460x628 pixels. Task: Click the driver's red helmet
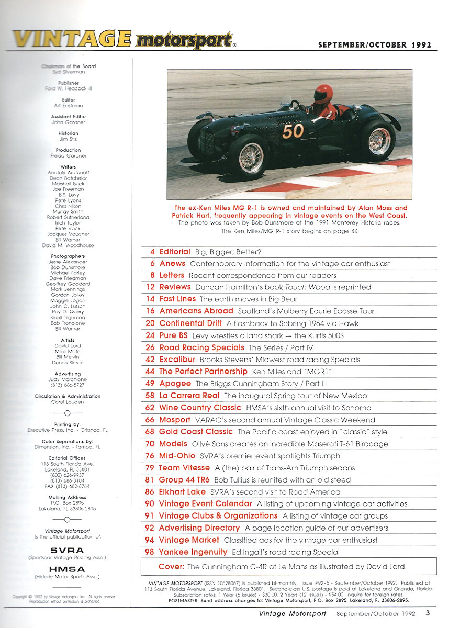point(323,95)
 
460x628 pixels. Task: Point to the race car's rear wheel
point(379,141)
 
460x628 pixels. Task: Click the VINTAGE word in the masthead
point(71,40)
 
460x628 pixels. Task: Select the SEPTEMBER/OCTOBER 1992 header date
point(375,45)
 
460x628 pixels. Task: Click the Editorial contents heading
point(174,252)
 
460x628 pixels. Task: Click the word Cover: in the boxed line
point(171,566)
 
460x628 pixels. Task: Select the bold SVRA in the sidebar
point(68,551)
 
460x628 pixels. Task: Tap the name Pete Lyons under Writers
point(68,200)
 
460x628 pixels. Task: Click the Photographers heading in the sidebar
point(68,256)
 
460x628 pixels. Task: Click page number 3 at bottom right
point(428,613)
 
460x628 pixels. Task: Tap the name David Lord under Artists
point(68,346)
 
